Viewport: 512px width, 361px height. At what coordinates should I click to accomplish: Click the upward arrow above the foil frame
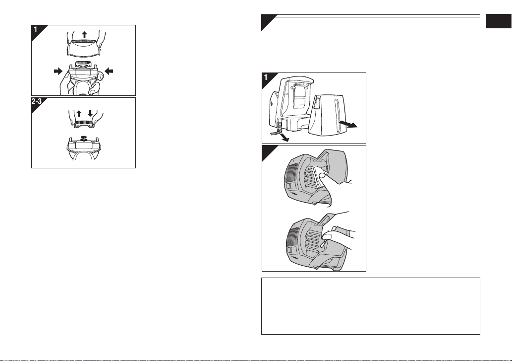tap(85, 34)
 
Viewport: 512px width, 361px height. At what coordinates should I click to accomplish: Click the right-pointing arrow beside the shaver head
tap(58, 71)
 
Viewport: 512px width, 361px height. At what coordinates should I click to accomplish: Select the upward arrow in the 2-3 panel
tap(79, 114)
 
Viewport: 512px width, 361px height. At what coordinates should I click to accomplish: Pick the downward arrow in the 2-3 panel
tap(90, 114)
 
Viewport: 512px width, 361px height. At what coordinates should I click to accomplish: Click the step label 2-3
tap(37, 101)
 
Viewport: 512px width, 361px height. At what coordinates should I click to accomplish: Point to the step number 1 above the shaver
tap(35, 29)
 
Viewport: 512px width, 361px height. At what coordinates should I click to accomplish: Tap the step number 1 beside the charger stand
tap(266, 77)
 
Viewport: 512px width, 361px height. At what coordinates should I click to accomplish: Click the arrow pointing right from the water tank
tap(348, 124)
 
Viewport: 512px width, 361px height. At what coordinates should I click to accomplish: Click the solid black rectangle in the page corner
tap(499, 21)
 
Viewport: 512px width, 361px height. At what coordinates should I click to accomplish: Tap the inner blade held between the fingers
tap(84, 124)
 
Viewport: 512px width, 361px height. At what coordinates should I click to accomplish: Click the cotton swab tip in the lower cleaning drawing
tap(323, 244)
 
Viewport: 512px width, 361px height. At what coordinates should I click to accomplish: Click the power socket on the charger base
tap(279, 125)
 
